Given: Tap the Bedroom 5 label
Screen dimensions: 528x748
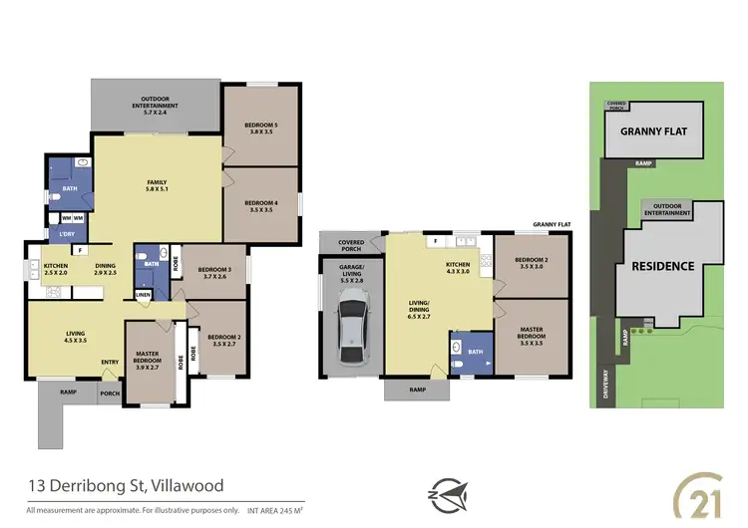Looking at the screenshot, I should tap(260, 129).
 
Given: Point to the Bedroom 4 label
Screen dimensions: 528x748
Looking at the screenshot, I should tap(260, 205).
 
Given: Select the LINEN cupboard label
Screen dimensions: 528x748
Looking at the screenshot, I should tap(143, 295).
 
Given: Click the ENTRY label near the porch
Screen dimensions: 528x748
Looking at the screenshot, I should tap(110, 362).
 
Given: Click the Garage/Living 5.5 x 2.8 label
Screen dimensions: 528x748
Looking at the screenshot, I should tap(349, 276).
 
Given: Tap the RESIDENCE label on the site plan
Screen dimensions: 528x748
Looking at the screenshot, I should tap(663, 266).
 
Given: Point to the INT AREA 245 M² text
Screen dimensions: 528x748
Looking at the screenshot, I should tap(266, 510).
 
